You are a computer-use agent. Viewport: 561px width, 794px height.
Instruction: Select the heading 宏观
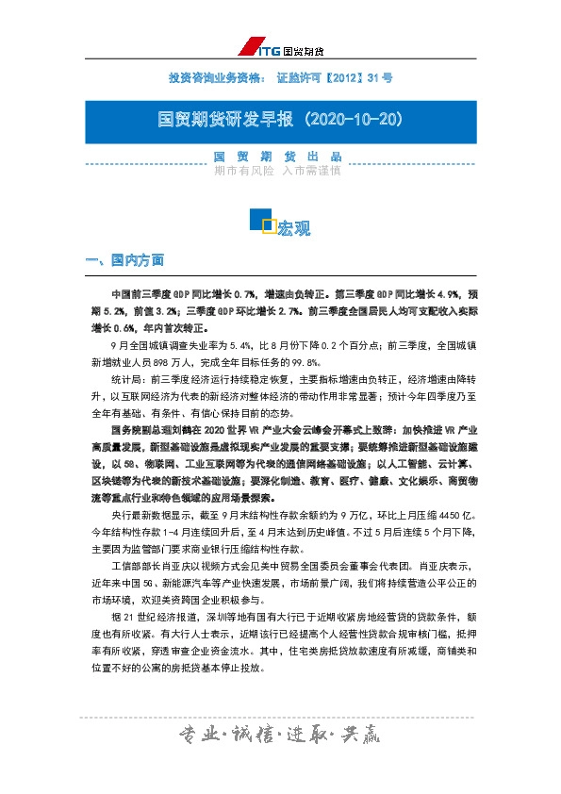click(x=295, y=227)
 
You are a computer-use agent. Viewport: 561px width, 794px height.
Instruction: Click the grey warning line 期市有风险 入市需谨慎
click(x=279, y=171)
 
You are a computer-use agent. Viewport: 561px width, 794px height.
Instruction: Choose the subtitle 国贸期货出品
click(x=279, y=156)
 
